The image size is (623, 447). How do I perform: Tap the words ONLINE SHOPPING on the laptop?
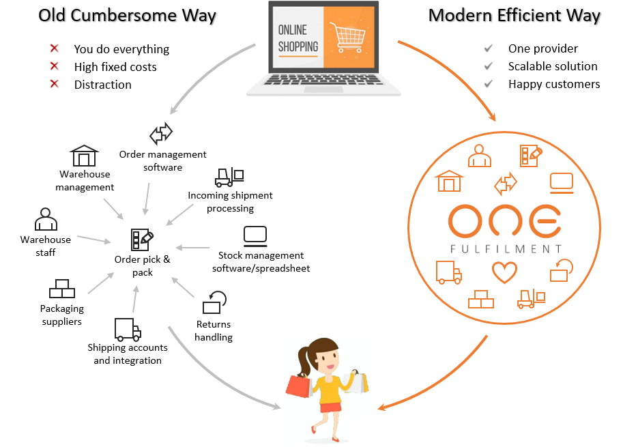pyautogui.click(x=298, y=38)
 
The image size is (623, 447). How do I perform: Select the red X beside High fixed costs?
pyautogui.click(x=55, y=66)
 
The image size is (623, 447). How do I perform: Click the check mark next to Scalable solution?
pyautogui.click(x=489, y=66)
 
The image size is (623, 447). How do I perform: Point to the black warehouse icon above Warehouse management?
pyautogui.click(x=85, y=156)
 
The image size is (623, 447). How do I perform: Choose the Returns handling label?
pyautogui.click(x=214, y=330)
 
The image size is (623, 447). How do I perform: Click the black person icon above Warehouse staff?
pyautogui.click(x=46, y=219)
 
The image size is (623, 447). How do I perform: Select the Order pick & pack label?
pyautogui.click(x=143, y=265)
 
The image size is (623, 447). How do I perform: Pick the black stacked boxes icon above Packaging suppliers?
pyautogui.click(x=61, y=289)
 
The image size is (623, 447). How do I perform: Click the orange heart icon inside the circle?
pyautogui.click(x=504, y=272)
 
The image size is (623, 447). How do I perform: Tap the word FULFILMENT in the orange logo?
pyautogui.click(x=506, y=248)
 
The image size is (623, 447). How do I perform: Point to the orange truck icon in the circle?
pyautogui.click(x=448, y=272)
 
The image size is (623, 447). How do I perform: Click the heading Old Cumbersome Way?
pyautogui.click(x=127, y=15)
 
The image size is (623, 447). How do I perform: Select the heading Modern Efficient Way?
pyautogui.click(x=515, y=15)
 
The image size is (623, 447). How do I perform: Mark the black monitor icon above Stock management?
pyautogui.click(x=255, y=235)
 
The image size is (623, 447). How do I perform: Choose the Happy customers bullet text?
pyautogui.click(x=554, y=84)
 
